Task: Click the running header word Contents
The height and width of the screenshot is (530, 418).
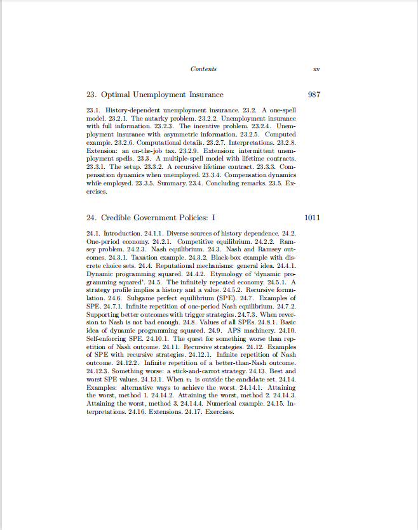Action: click(203, 69)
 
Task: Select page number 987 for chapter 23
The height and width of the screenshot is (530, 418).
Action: click(313, 95)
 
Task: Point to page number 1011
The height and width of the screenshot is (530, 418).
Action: click(313, 218)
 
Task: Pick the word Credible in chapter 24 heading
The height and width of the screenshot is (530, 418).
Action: click(118, 218)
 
